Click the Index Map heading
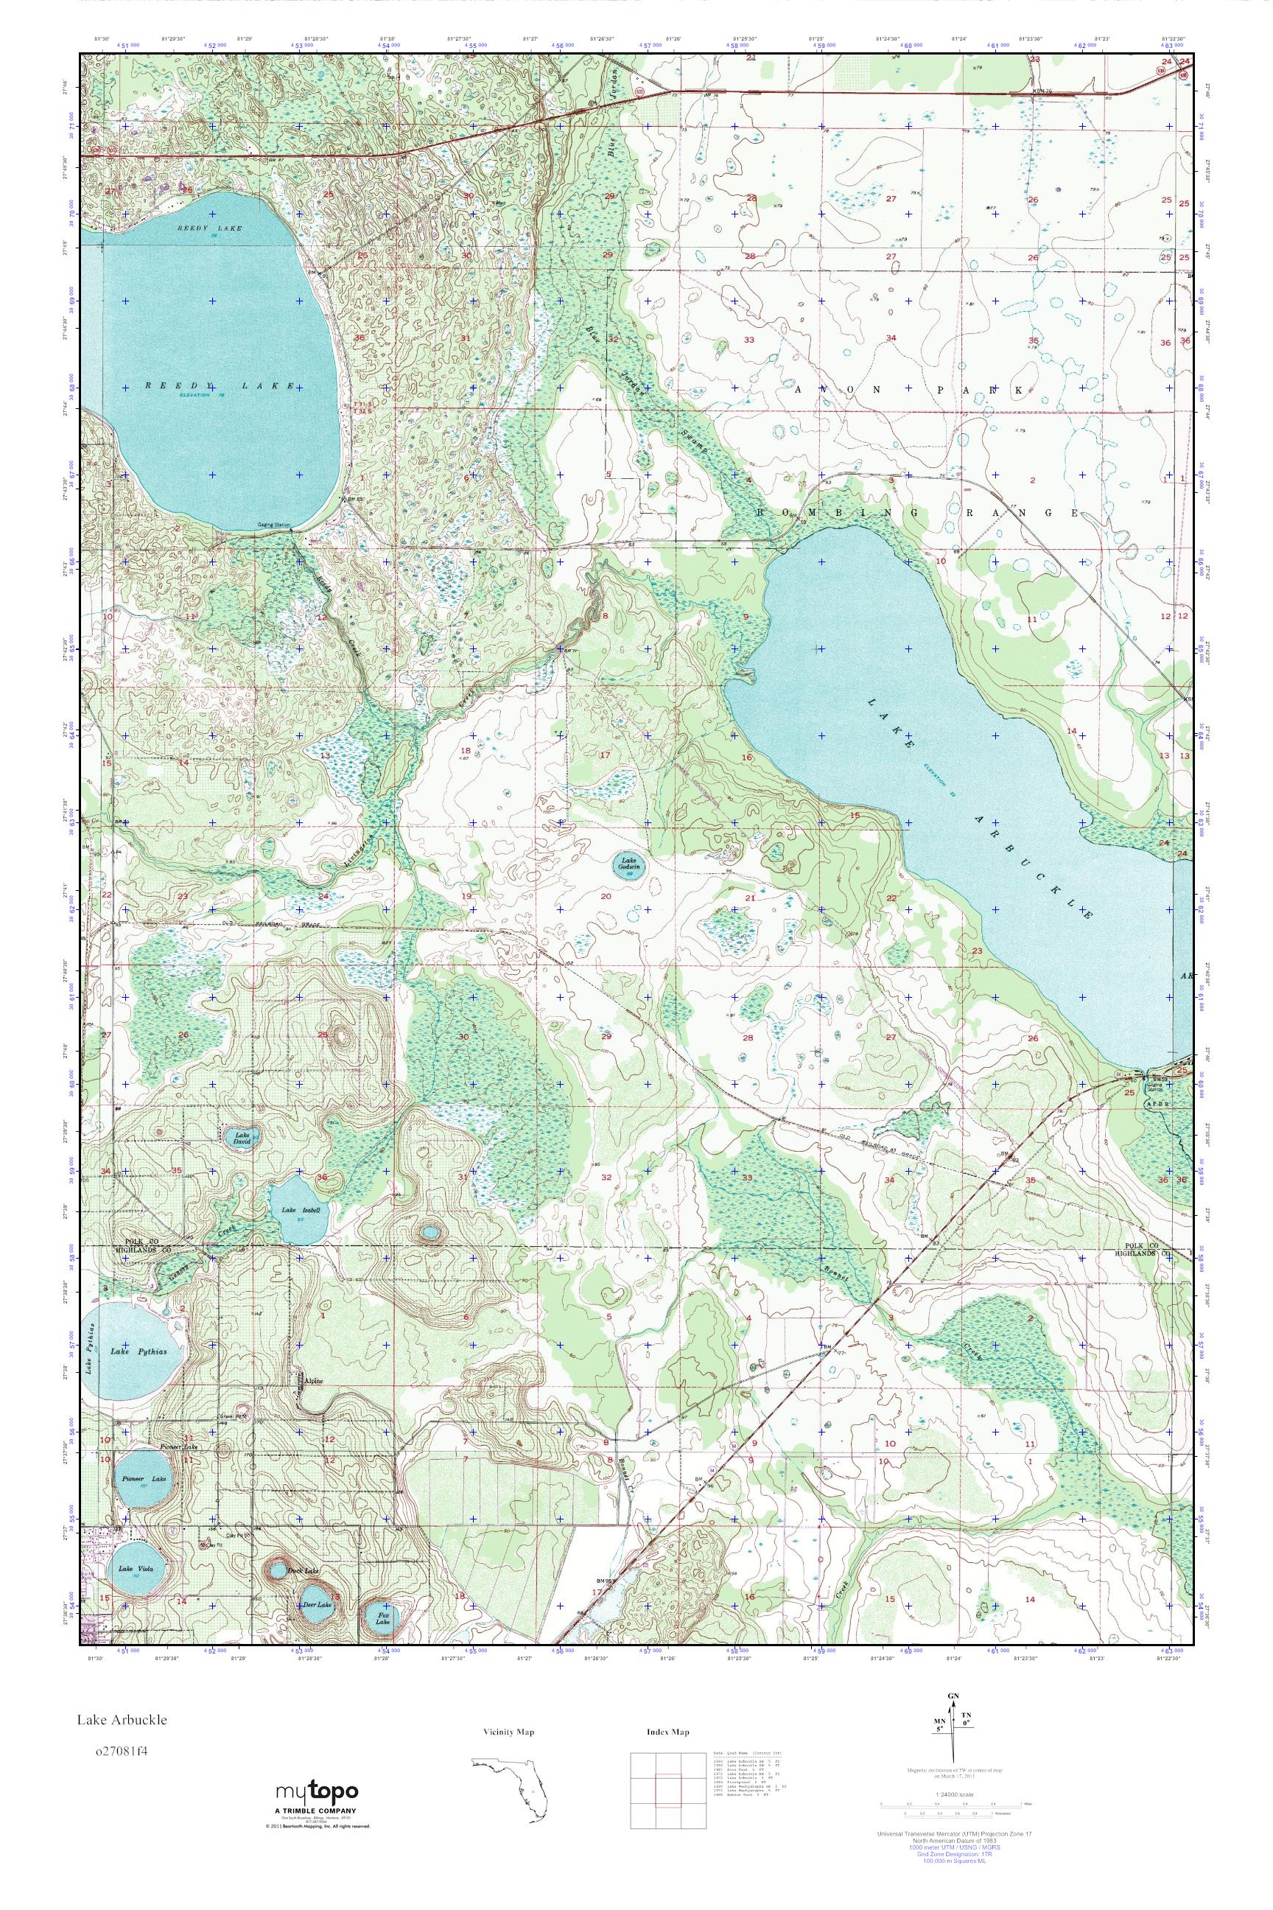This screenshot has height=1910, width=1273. click(x=668, y=1732)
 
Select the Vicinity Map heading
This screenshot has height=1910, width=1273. click(x=508, y=1732)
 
